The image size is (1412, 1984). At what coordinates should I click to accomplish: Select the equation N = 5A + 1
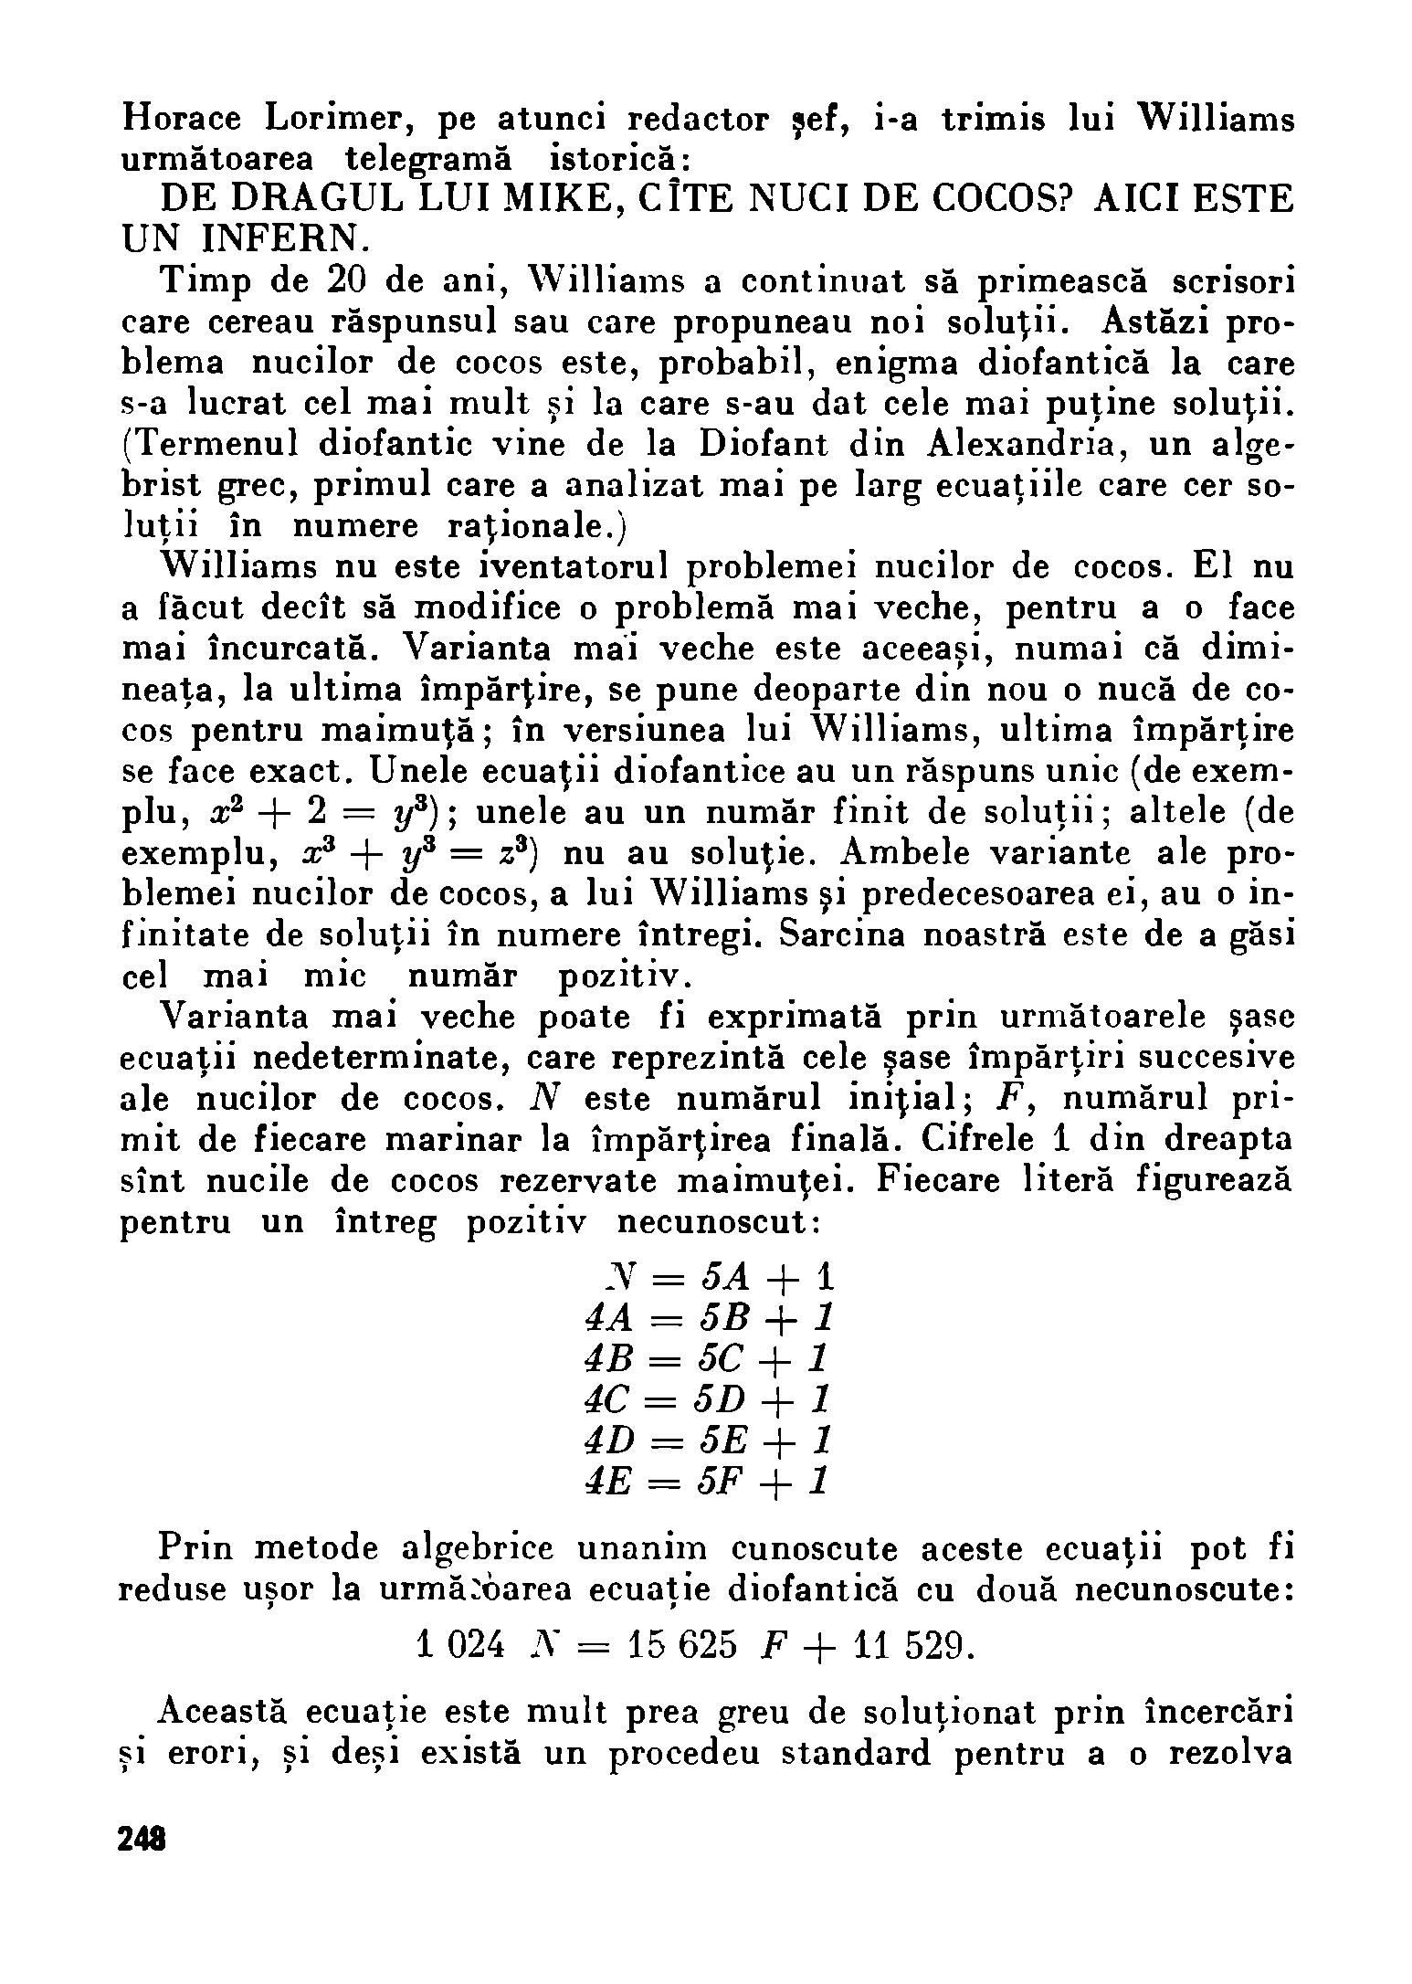(708, 1276)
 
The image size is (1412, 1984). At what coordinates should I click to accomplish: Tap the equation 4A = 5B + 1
(708, 1317)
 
